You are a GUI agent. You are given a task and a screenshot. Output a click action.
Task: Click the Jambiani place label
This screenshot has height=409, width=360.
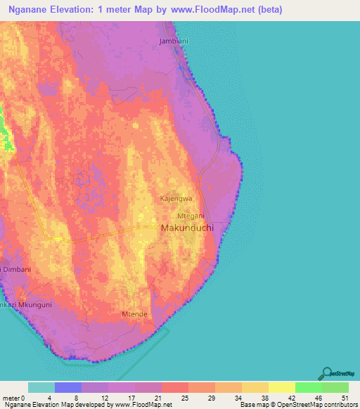coord(174,41)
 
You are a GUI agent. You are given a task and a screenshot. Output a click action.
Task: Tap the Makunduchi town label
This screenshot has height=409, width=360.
coord(186,229)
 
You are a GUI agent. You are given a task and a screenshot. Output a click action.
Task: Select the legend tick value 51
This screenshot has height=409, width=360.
coord(343,397)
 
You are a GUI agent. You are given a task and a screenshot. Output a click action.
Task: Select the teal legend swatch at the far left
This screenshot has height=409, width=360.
coord(41,387)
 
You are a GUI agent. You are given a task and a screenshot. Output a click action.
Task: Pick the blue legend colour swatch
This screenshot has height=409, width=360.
coord(68,387)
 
